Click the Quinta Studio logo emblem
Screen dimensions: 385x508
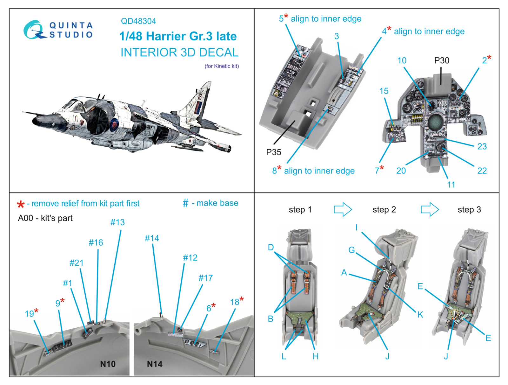pyautogui.click(x=34, y=30)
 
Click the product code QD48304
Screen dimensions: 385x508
pyautogui.click(x=138, y=21)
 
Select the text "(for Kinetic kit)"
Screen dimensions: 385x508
pyautogui.click(x=222, y=66)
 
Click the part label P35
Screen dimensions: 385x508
pyautogui.click(x=274, y=152)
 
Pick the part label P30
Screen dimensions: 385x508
pyautogui.click(x=442, y=60)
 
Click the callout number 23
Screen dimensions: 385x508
pyautogui.click(x=482, y=146)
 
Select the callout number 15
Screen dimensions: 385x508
pyautogui.click(x=384, y=91)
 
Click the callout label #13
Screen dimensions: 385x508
pyautogui.click(x=117, y=222)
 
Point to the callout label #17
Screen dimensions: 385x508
pyautogui.click(x=205, y=278)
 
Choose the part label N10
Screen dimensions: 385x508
pyautogui.click(x=108, y=364)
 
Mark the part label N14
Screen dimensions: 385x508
pyautogui.click(x=155, y=364)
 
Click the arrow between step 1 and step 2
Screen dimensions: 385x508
pyautogui.click(x=343, y=210)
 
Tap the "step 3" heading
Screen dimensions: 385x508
pyautogui.click(x=469, y=210)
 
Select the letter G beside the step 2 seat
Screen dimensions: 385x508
pyautogui.click(x=351, y=250)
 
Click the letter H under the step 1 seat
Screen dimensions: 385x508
pyautogui.click(x=315, y=356)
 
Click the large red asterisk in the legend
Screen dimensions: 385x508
pyautogui.click(x=21, y=205)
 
